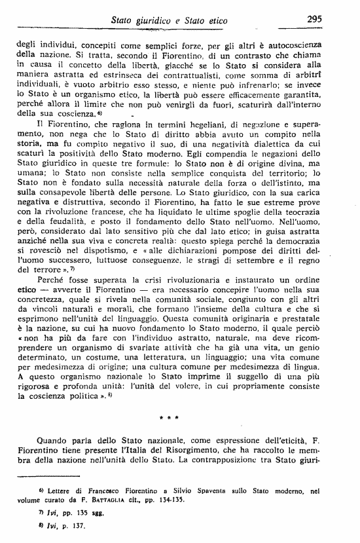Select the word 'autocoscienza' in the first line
pos(307,39)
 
